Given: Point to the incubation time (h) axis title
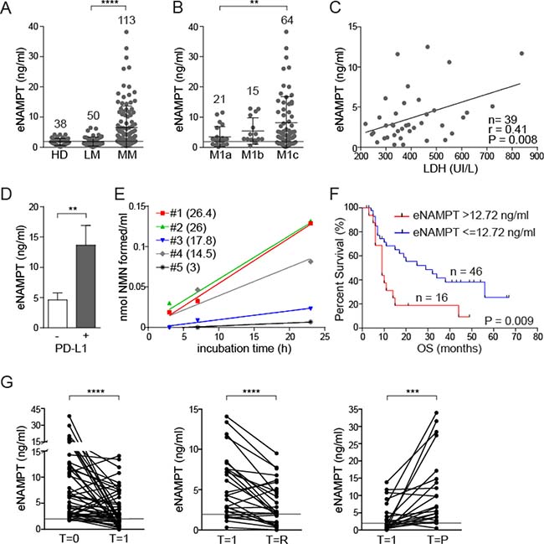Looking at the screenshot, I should point(266,348).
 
